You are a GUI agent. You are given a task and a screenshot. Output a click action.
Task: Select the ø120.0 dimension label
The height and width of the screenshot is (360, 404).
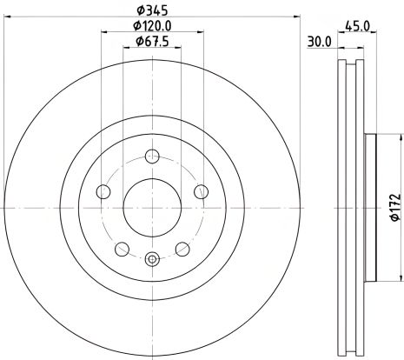152,26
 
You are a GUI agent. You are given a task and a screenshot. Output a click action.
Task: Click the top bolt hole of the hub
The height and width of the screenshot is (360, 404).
153,157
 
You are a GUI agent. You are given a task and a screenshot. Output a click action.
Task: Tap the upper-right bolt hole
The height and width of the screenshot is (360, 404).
201,191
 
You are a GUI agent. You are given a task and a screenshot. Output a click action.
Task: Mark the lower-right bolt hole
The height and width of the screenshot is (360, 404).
182,249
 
